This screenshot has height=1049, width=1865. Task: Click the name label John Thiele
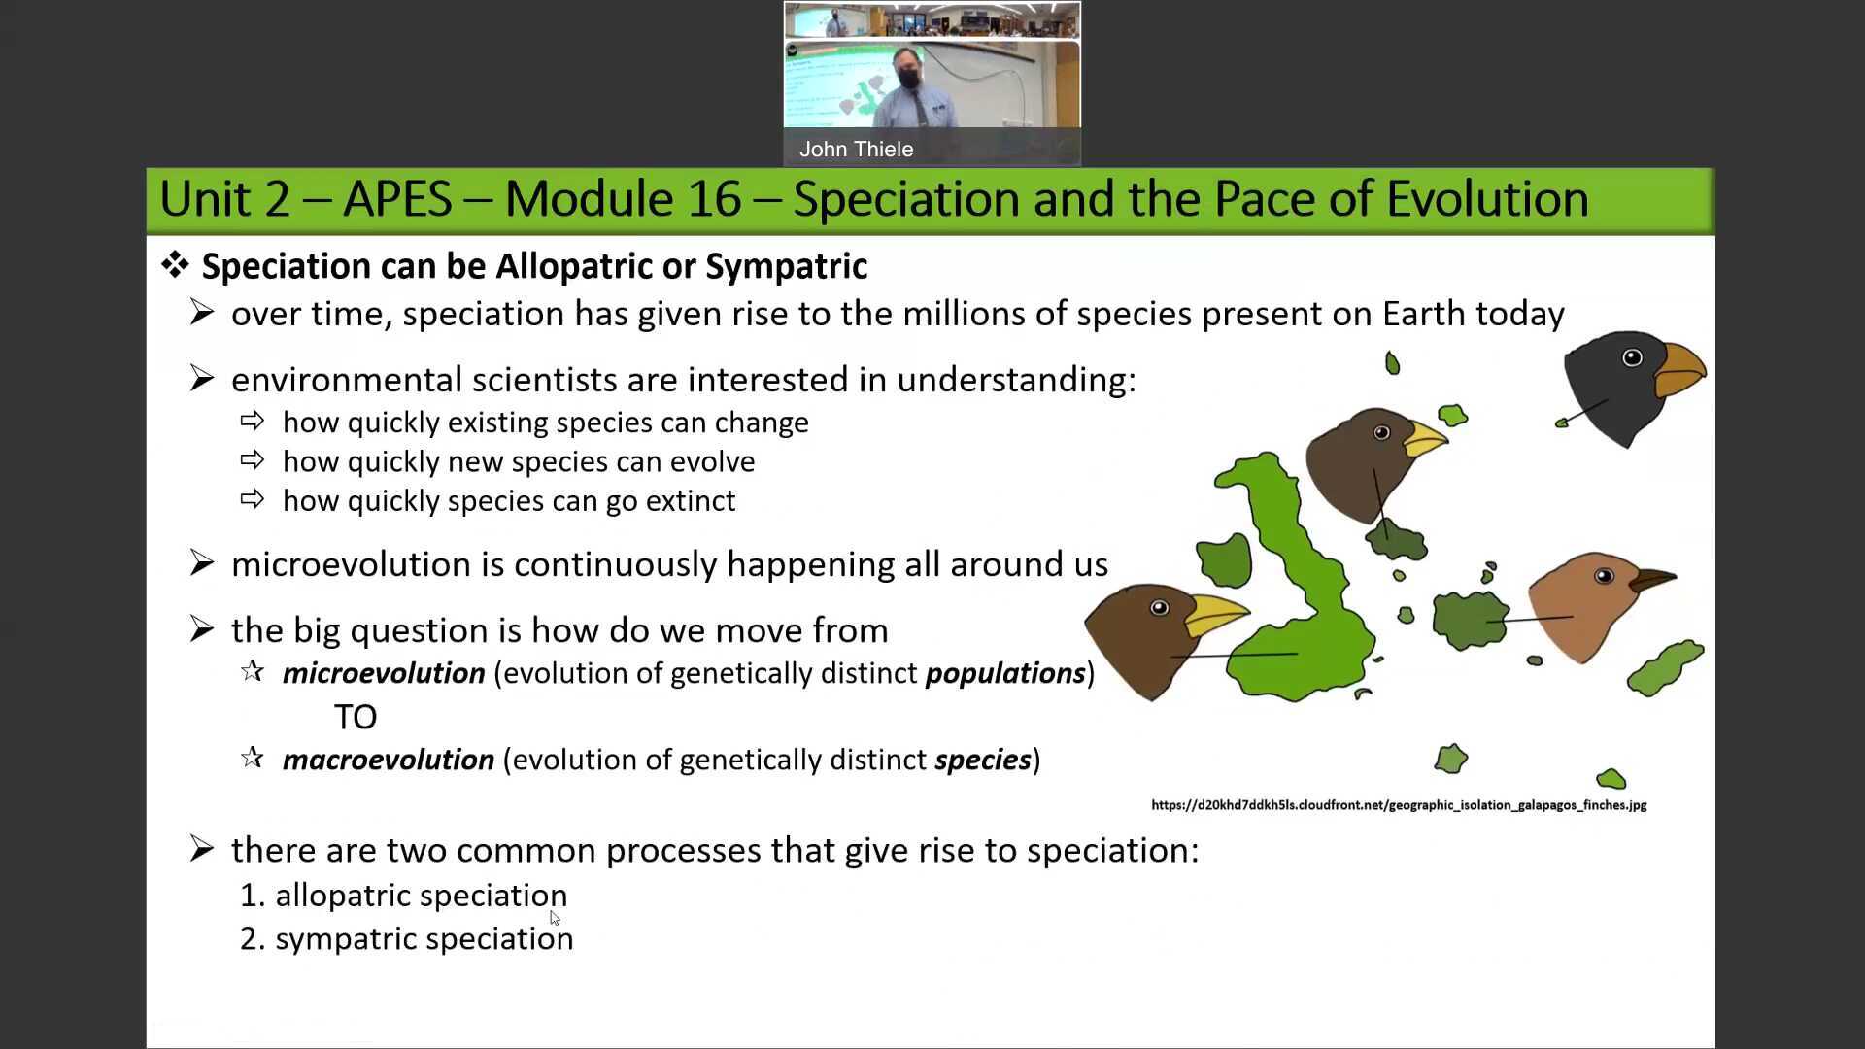click(856, 150)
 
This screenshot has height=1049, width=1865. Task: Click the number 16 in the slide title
click(714, 199)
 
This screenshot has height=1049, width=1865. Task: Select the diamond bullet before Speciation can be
click(175, 264)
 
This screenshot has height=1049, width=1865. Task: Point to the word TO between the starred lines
click(356, 717)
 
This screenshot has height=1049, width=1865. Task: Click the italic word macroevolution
click(389, 760)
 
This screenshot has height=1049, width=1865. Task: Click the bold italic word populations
click(1005, 673)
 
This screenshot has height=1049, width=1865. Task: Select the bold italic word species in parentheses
click(982, 760)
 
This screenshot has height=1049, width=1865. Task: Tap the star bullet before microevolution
click(253, 671)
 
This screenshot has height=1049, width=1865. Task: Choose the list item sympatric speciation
click(424, 939)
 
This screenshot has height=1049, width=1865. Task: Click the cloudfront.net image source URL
click(1399, 805)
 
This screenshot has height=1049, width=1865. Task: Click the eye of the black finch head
click(1632, 358)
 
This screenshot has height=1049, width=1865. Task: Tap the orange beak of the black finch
click(1680, 370)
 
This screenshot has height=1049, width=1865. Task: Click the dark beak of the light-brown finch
click(1651, 580)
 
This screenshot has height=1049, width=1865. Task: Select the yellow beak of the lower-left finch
click(1214, 615)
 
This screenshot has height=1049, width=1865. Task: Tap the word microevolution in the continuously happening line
click(351, 564)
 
